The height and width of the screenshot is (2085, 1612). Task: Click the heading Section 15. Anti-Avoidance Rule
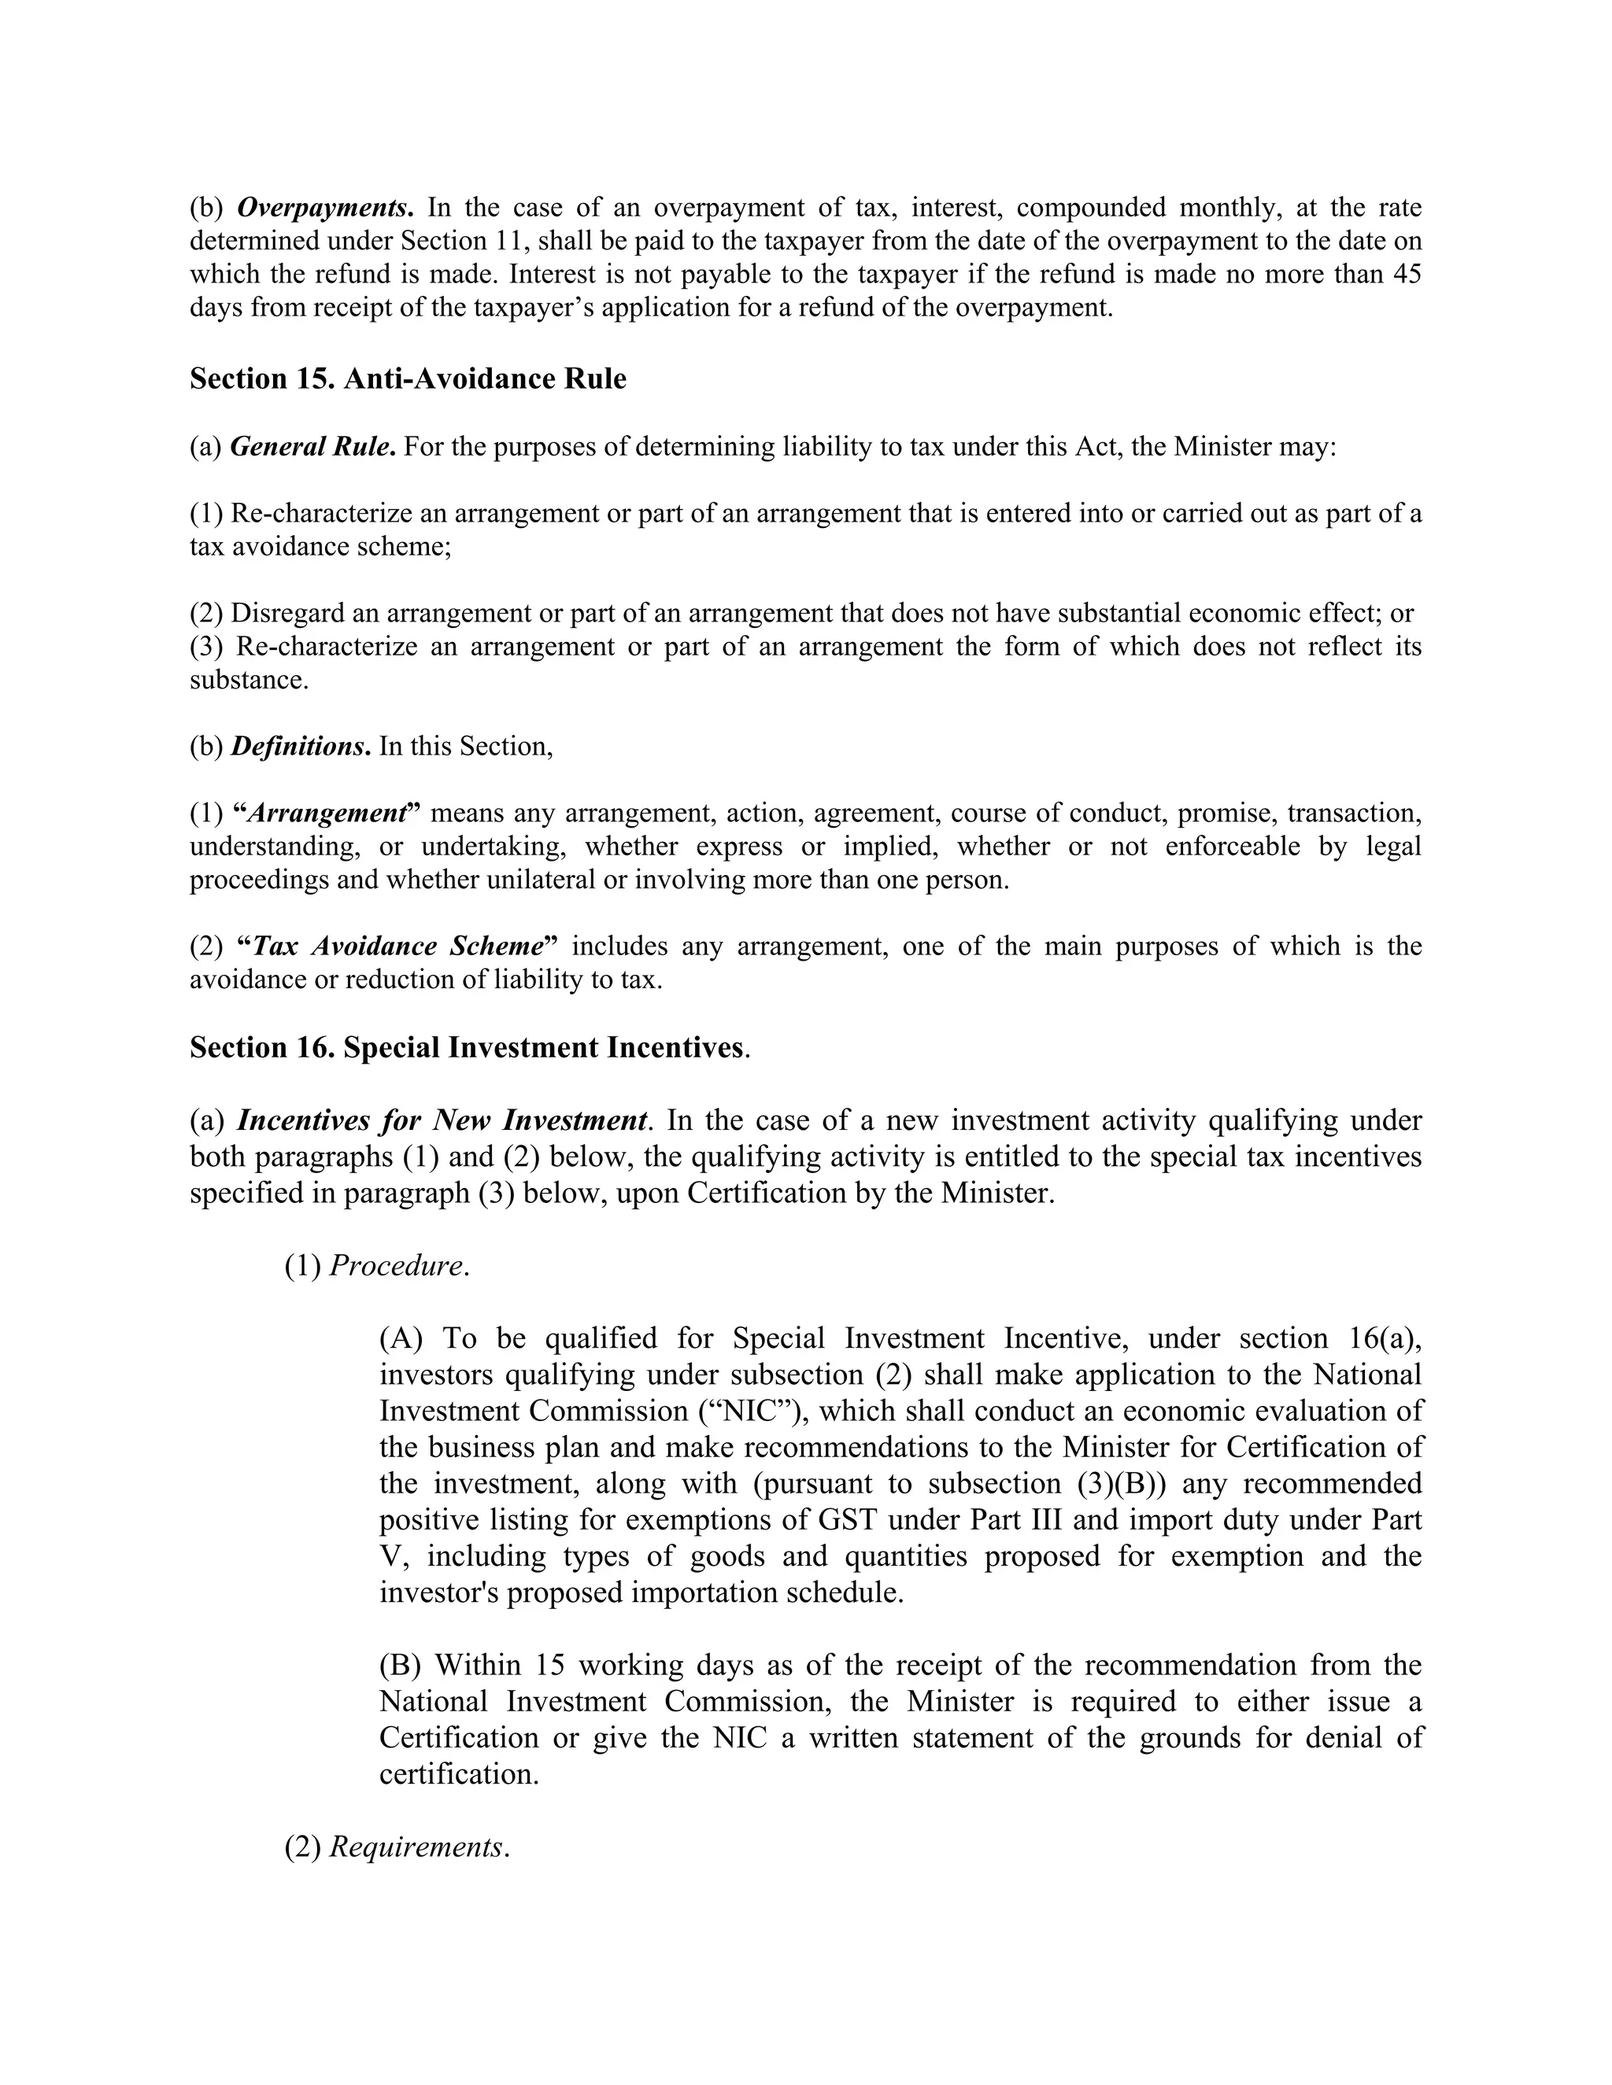[x=408, y=379]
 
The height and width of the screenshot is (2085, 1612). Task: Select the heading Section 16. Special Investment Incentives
[x=469, y=1047]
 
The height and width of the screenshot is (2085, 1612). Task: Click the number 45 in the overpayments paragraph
[x=1406, y=274]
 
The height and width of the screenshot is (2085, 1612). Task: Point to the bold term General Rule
[x=312, y=447]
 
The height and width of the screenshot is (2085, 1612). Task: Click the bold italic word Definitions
[x=300, y=746]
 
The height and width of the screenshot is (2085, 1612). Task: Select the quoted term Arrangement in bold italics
[x=327, y=813]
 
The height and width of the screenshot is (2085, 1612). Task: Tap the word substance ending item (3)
[x=248, y=680]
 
